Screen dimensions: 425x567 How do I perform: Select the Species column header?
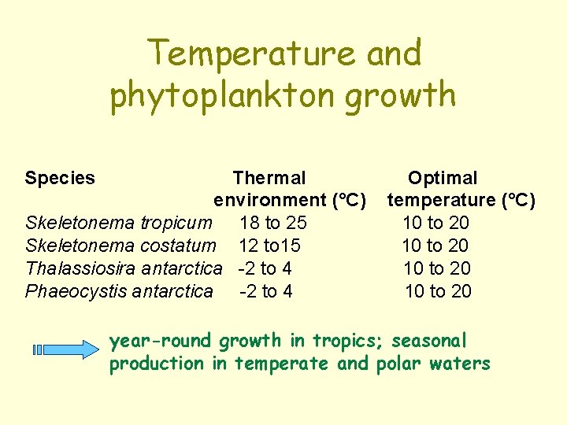(x=60, y=178)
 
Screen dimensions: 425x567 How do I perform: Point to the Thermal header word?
(x=269, y=178)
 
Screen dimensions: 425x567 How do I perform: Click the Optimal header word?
(x=442, y=178)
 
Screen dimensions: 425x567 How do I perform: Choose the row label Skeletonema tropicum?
(x=119, y=223)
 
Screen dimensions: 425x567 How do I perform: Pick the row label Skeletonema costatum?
(x=120, y=246)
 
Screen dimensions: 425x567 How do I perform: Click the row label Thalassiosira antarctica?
(x=124, y=268)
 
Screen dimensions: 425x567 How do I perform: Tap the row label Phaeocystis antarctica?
(x=119, y=291)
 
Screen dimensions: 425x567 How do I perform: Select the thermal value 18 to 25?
(x=273, y=223)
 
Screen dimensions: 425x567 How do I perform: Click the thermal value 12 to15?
(x=269, y=246)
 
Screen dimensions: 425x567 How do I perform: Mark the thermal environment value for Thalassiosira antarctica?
(x=265, y=268)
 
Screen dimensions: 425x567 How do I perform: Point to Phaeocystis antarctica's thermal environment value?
(x=265, y=291)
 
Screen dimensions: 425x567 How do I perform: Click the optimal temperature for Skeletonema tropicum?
(x=435, y=223)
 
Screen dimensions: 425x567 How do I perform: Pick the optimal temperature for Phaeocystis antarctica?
(x=438, y=291)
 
